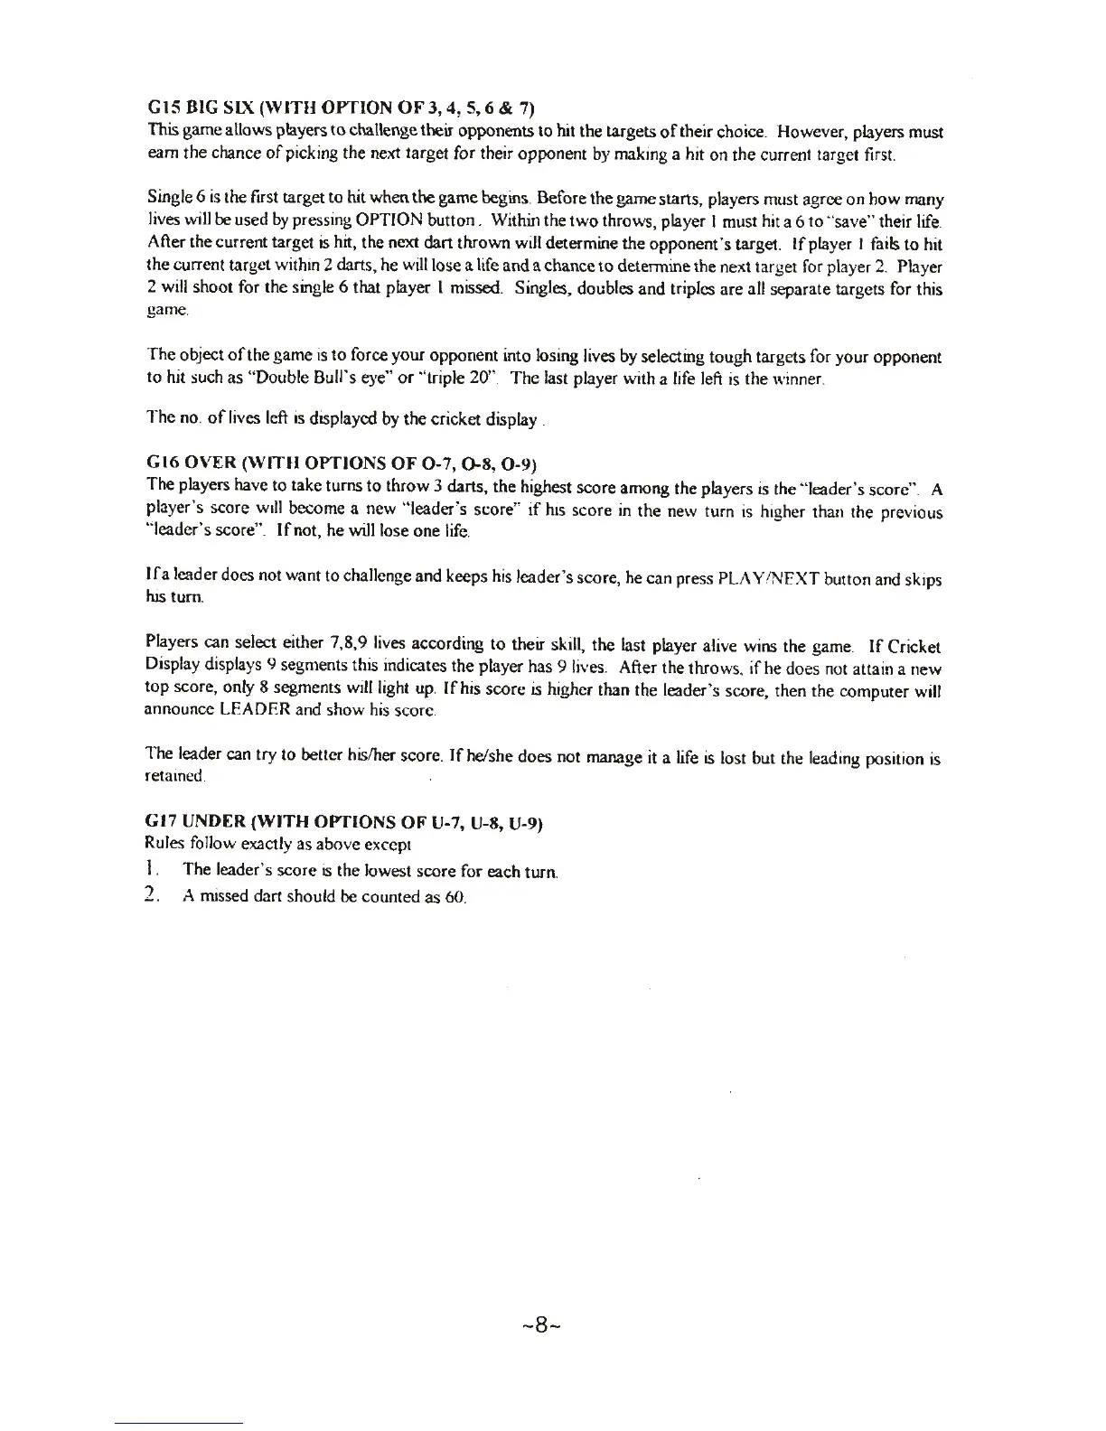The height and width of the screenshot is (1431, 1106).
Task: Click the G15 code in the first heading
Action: point(164,109)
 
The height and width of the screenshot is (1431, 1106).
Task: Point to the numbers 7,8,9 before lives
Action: point(347,646)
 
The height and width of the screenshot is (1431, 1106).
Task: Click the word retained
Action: point(175,777)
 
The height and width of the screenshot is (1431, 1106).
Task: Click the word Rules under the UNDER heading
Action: point(162,845)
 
